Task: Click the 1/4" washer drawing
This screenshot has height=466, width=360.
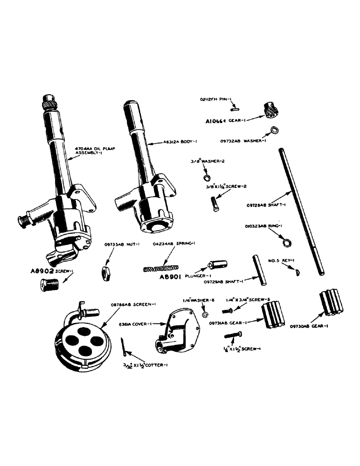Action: [204, 316]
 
